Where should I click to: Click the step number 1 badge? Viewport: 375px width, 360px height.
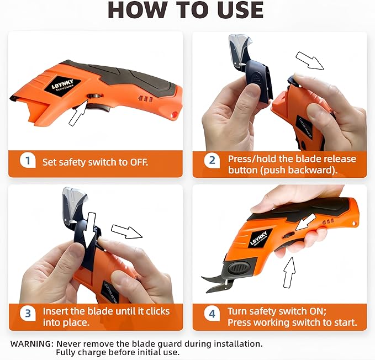click(26, 162)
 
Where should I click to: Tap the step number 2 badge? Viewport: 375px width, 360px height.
click(212, 161)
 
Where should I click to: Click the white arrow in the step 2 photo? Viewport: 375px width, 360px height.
click(310, 60)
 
